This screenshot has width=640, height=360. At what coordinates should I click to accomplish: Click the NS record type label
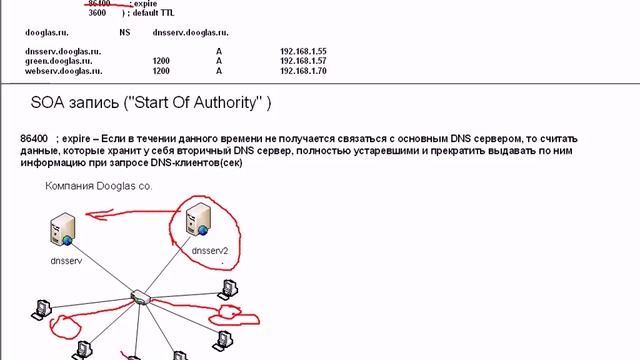[x=124, y=31]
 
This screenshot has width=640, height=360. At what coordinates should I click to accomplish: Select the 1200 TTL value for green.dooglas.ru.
[x=161, y=60]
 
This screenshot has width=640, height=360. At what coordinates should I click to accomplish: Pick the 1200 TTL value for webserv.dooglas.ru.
[x=161, y=71]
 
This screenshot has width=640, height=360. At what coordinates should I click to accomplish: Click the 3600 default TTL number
[x=97, y=14]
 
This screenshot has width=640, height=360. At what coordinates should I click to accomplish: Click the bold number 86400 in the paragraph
[x=34, y=138]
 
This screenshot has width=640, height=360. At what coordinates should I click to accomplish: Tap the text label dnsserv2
[x=210, y=251]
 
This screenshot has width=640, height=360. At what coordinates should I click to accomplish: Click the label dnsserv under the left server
[x=64, y=259]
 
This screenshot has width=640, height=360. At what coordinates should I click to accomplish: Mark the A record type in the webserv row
[x=218, y=71]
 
